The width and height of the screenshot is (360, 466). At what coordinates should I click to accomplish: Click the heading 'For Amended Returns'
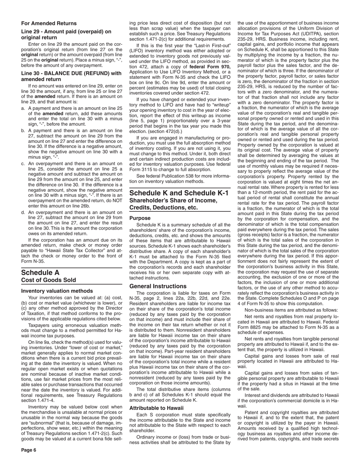[x=49, y=23]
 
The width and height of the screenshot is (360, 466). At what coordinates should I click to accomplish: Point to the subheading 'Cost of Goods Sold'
[x=49, y=280]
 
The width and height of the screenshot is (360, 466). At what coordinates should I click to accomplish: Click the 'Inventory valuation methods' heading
[x=57, y=291]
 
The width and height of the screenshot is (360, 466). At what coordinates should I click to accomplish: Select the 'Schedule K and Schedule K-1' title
[x=179, y=193]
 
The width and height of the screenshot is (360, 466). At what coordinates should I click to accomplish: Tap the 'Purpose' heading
[x=140, y=218]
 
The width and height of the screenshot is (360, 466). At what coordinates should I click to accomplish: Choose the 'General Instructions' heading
[x=158, y=286]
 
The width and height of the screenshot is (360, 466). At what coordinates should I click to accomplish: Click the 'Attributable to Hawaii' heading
[x=157, y=408]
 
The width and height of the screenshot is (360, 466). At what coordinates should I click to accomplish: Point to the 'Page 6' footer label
[x=29, y=450]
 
